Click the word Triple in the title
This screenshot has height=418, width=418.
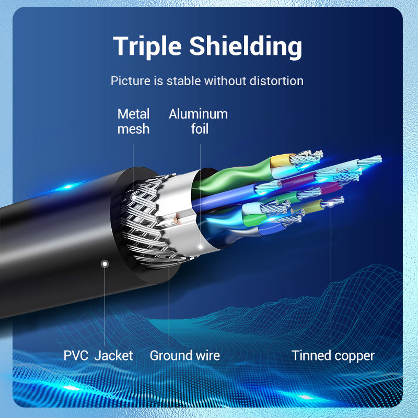pyautogui.click(x=147, y=47)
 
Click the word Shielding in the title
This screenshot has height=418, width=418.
pyautogui.click(x=246, y=47)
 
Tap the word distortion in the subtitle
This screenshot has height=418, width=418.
pyautogui.click(x=276, y=81)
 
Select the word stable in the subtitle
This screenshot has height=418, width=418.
pyautogui.click(x=183, y=81)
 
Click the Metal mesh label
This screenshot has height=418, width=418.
pyautogui.click(x=133, y=121)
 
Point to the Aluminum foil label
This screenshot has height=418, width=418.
pyautogui.click(x=199, y=121)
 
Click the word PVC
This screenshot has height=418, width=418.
pyautogui.click(x=76, y=356)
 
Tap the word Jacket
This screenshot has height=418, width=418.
pyautogui.click(x=113, y=356)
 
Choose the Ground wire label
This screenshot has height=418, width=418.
pyautogui.click(x=184, y=356)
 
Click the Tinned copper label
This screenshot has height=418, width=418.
pyautogui.click(x=333, y=356)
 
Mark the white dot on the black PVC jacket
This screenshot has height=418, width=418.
pyautogui.click(x=104, y=264)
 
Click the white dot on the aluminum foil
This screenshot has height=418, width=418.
pyautogui.click(x=200, y=246)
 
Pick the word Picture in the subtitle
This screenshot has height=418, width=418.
pyautogui.click(x=129, y=81)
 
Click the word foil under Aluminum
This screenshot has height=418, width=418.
pyautogui.click(x=200, y=129)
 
